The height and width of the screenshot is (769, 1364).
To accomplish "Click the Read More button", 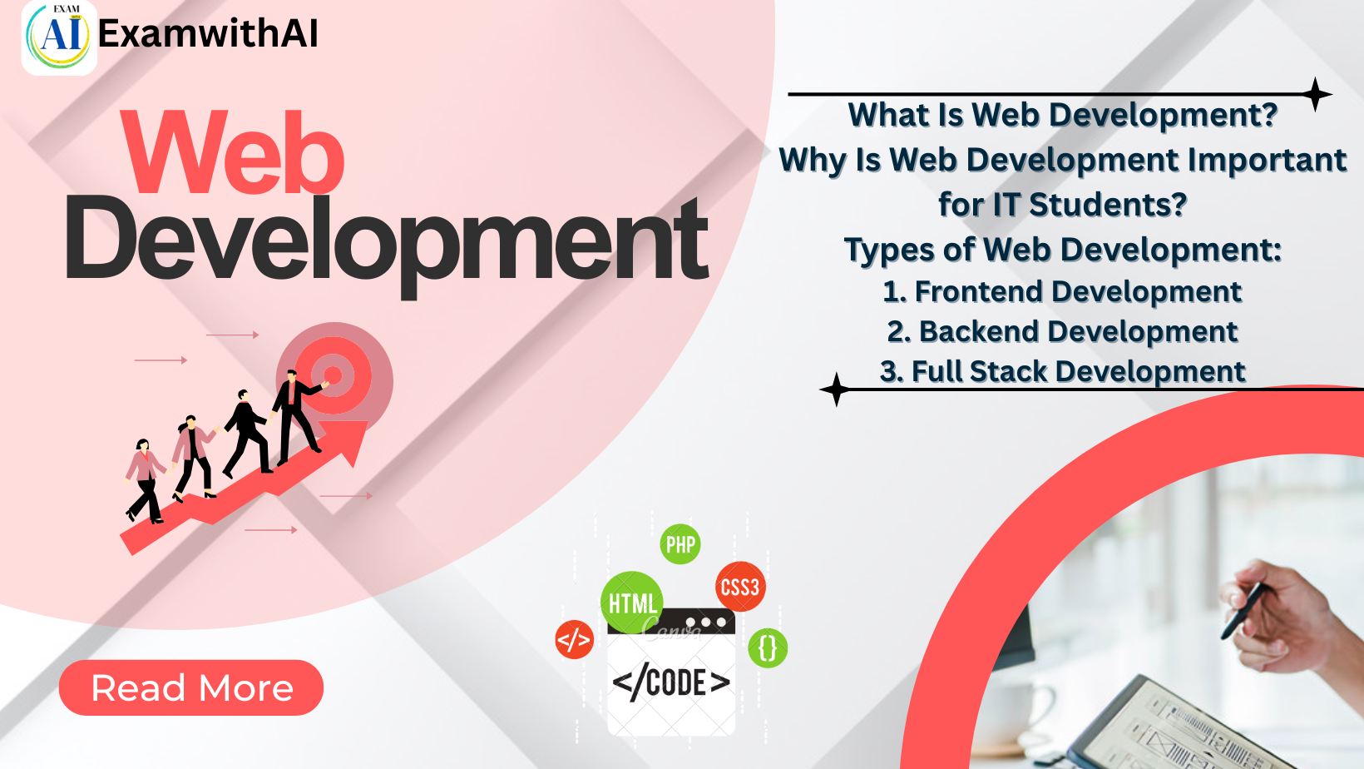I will pyautogui.click(x=191, y=687).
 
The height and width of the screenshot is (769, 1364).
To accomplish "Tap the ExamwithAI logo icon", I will pyautogui.click(x=59, y=37).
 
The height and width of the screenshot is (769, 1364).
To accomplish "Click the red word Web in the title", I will pyautogui.click(x=233, y=154).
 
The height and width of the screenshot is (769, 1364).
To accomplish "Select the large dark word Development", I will pyautogui.click(x=387, y=241).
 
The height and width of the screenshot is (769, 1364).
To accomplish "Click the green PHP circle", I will pyautogui.click(x=680, y=544).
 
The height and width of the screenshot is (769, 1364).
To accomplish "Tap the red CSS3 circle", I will pyautogui.click(x=739, y=587).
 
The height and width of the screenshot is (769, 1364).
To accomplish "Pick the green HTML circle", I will pyautogui.click(x=631, y=602).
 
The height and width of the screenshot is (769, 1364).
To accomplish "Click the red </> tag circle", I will pyautogui.click(x=574, y=639).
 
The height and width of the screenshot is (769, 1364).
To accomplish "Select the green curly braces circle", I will pyautogui.click(x=768, y=647).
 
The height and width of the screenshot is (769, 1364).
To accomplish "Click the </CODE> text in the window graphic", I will pyautogui.click(x=671, y=682).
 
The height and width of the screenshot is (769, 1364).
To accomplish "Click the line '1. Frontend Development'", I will pyautogui.click(x=1062, y=291).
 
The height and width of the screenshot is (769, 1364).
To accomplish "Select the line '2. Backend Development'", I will pyautogui.click(x=1062, y=331).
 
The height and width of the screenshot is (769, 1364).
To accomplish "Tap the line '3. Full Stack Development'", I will pyautogui.click(x=1062, y=371).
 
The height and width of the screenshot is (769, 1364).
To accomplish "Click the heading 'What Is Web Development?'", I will pyautogui.click(x=1062, y=115).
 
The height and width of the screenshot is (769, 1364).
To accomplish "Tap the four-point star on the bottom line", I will pyautogui.click(x=836, y=389).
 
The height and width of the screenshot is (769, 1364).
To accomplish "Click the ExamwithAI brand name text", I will pyautogui.click(x=208, y=34).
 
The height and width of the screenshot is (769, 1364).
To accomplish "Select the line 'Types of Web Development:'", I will pyautogui.click(x=1062, y=250).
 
